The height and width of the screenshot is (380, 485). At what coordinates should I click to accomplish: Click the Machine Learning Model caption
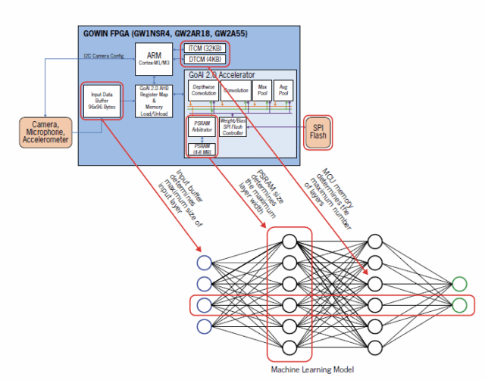coord(311,370)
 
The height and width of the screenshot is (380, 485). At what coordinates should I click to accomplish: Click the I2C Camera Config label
coord(104,56)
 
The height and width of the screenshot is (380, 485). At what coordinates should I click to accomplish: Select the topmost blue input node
coord(202,263)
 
